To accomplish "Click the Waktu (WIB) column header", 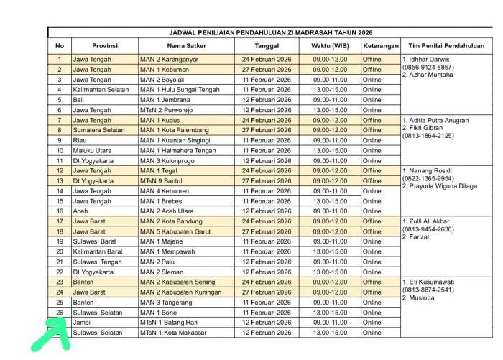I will coord(330,45).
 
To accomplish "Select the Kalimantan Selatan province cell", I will coord(100,90).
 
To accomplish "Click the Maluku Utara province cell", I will coord(91,151).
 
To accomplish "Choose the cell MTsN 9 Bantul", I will coord(162,181).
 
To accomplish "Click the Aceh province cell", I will coord(81,211).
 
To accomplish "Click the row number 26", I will coord(60,313).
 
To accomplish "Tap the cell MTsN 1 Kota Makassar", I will coord(174,333).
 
